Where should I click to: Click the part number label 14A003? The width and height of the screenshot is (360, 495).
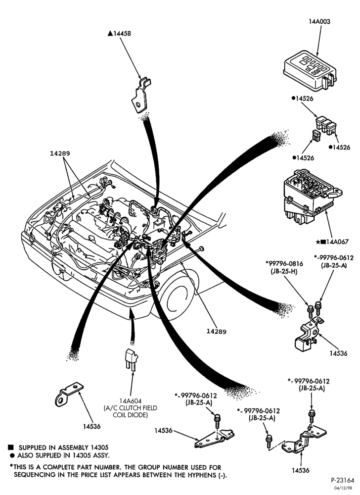[x=319, y=21]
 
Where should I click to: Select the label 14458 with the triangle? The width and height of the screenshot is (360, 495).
[x=119, y=33]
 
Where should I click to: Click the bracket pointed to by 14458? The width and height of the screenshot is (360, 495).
[x=140, y=96]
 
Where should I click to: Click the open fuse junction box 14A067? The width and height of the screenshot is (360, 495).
[x=313, y=196]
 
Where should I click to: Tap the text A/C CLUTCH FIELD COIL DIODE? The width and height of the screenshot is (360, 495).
[x=130, y=411]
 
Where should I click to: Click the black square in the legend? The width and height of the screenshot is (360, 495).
[x=11, y=447]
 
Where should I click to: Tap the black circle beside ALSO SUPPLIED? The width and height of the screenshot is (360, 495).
[x=12, y=455]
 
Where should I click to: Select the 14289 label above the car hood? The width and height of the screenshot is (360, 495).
[x=60, y=153]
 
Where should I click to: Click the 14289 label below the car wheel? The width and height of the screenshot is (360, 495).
[x=217, y=332]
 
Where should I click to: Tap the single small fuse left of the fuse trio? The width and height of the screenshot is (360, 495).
[x=316, y=136]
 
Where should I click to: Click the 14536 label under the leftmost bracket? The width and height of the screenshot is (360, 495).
[x=92, y=426]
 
